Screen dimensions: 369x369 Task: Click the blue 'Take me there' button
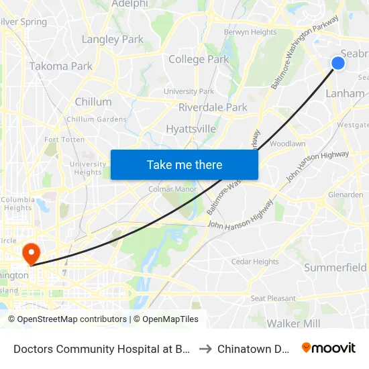(184, 164)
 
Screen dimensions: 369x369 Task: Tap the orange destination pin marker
(31, 253)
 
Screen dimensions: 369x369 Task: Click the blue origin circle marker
(338, 63)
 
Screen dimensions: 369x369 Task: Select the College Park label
(199, 59)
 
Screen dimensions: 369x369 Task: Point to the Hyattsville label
(191, 129)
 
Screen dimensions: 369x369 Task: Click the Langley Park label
(113, 40)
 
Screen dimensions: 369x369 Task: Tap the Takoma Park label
(61, 66)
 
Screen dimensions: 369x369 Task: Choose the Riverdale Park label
(213, 107)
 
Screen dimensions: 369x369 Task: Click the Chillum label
(93, 102)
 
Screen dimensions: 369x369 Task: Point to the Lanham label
(344, 93)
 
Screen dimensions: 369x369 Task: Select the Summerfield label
(335, 268)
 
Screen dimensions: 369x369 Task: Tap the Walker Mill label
(293, 323)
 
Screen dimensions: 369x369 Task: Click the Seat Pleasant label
(273, 298)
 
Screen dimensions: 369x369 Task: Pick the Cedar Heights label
(255, 262)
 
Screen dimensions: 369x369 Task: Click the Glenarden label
(346, 195)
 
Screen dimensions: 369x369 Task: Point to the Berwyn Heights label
(250, 32)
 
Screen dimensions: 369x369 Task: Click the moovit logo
(329, 348)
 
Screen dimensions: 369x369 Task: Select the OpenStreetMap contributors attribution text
(72, 319)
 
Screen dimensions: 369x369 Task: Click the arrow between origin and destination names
(205, 348)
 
